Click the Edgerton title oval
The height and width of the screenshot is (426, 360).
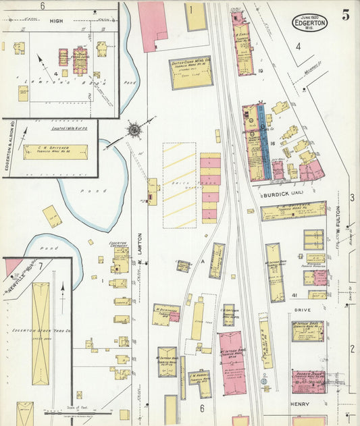pos(309,22)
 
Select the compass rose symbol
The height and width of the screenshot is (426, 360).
pos(134,128)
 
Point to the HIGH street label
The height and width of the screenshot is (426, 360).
pos(56,21)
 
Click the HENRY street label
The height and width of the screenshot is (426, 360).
pos(299,404)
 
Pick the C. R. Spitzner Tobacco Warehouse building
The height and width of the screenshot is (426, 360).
pos(55,152)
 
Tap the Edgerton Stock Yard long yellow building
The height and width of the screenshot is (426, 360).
pos(41,333)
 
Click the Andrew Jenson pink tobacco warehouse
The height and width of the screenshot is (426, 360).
pos(308,381)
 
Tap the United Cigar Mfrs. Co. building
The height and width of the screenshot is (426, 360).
pos(190,72)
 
